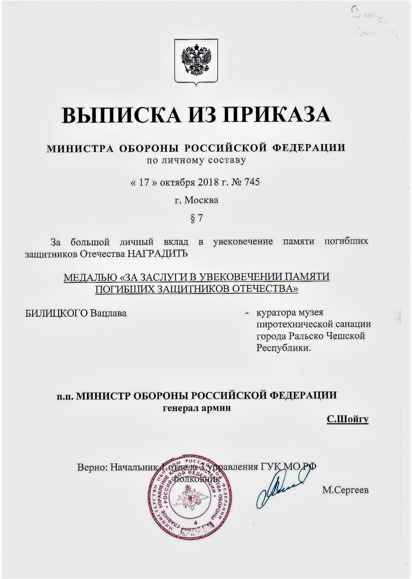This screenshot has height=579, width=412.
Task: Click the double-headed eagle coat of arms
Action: point(196,61)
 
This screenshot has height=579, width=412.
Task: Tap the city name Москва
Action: point(202,200)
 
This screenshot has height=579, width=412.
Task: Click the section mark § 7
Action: point(196,218)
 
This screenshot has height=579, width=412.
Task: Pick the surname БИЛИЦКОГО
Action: point(56,313)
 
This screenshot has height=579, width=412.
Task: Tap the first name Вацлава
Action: point(109,313)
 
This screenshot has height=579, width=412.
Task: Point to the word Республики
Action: point(283,348)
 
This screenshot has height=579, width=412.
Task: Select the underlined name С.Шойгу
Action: point(347,419)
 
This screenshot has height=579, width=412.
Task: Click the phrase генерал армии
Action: point(197,408)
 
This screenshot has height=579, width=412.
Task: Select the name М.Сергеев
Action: point(345,490)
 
